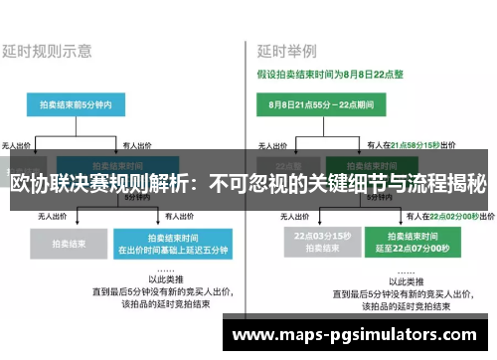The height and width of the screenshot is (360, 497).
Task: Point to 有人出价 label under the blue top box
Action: (x=136, y=145)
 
